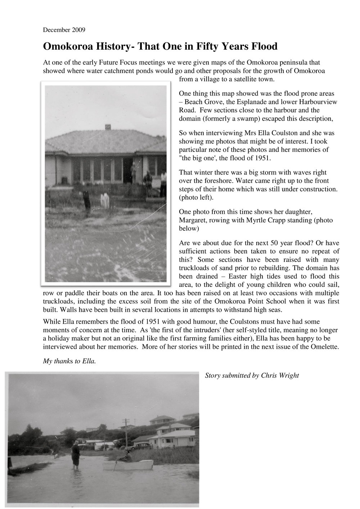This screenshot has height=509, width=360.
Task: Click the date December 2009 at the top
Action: tap(64, 30)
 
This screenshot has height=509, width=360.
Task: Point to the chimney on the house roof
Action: tap(108, 127)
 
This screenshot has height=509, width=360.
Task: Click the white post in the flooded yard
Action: tap(105, 200)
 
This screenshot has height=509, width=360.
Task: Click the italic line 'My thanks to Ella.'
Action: tap(69, 362)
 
